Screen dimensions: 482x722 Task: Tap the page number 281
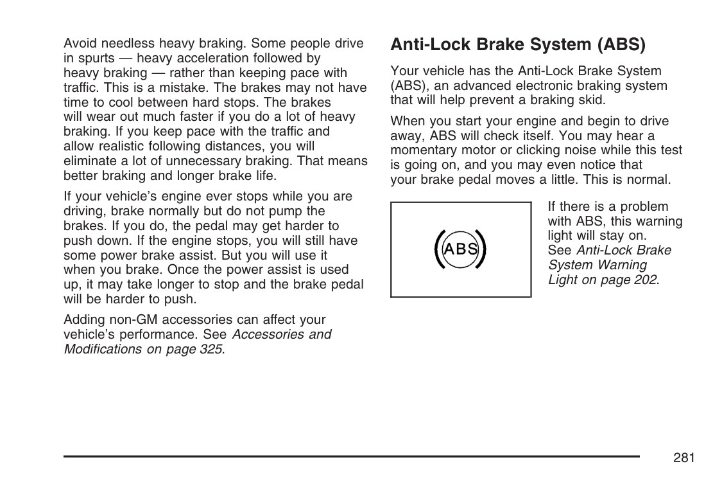(x=685, y=458)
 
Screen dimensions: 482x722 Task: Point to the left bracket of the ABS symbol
(x=438, y=249)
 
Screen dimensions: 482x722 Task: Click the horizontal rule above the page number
(x=352, y=456)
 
